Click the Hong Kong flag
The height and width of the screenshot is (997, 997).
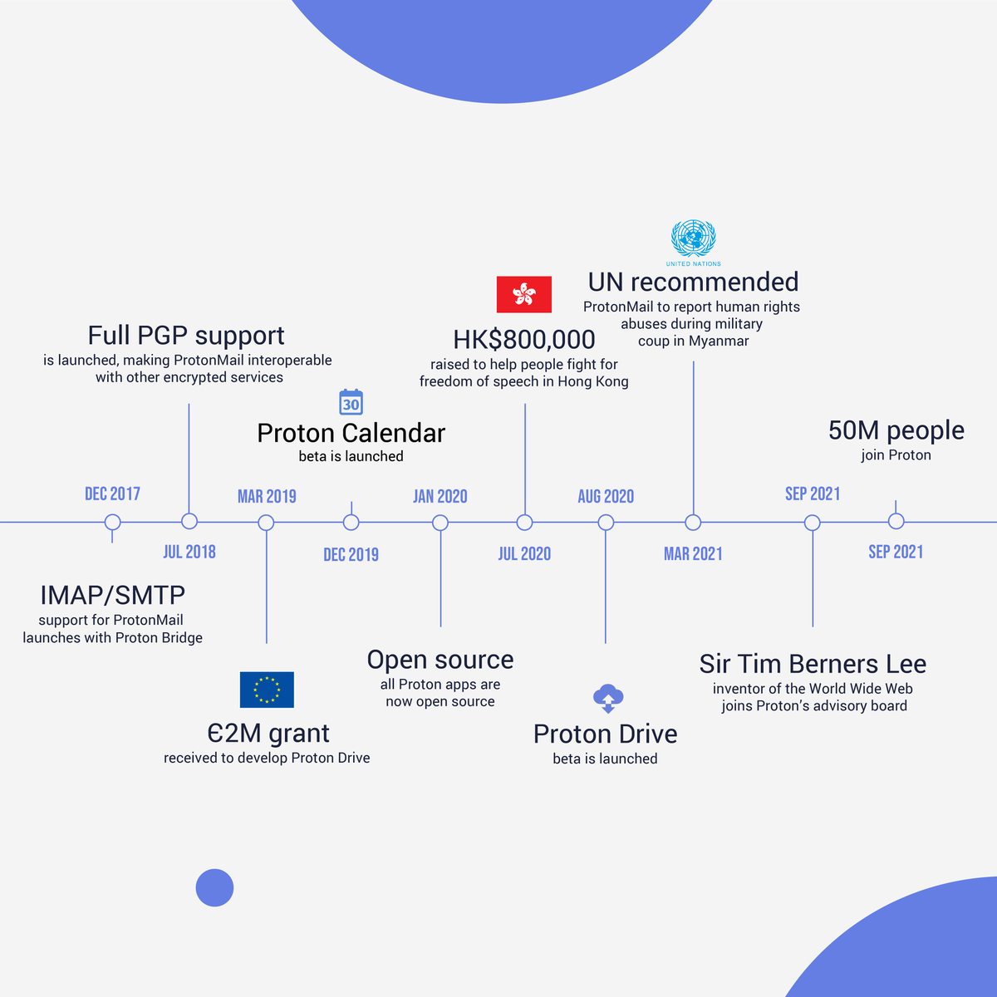click(x=523, y=294)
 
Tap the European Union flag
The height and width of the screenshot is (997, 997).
click(x=267, y=690)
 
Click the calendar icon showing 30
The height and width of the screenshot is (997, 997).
click(x=351, y=402)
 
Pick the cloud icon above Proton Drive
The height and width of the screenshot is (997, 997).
click(x=608, y=698)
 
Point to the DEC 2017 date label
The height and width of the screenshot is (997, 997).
click(x=112, y=494)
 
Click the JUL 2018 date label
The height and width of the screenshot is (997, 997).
click(x=189, y=552)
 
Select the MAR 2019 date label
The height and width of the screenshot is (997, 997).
click(x=267, y=497)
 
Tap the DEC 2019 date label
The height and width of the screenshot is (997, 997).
click(x=351, y=555)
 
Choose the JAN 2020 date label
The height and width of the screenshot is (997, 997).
click(x=440, y=497)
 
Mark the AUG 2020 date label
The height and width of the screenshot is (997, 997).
click(x=606, y=497)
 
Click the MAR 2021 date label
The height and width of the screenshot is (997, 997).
click(x=693, y=554)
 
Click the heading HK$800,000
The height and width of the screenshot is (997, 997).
click(x=524, y=340)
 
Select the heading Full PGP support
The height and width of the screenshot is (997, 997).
click(x=186, y=336)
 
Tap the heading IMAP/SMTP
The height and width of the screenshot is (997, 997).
click(x=112, y=595)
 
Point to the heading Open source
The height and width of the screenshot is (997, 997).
click(x=440, y=660)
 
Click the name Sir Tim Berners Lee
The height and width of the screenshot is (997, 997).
click(x=813, y=664)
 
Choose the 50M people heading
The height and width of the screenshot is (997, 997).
click(x=896, y=430)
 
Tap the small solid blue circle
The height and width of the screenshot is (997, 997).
click(x=214, y=887)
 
